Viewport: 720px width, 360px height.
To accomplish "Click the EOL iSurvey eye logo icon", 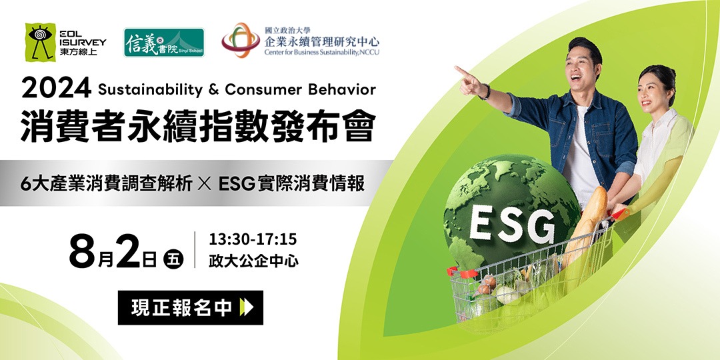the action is tap(41, 42).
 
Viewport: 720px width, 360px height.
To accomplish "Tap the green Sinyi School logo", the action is tap(164, 42).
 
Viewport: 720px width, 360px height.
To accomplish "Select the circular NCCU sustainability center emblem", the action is tap(241, 40).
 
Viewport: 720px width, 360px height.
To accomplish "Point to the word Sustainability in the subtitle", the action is tap(150, 90).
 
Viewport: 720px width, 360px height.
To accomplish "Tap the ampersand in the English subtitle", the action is tap(213, 89).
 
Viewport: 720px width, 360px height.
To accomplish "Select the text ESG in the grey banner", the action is tap(237, 184).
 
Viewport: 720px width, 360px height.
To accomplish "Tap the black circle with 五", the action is tap(173, 259).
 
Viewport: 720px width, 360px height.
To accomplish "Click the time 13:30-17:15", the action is tap(253, 239).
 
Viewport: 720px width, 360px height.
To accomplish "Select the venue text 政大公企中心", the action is tap(253, 261).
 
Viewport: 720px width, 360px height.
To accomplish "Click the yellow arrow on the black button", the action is tap(247, 307).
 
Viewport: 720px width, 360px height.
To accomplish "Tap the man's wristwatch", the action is tap(486, 91).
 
